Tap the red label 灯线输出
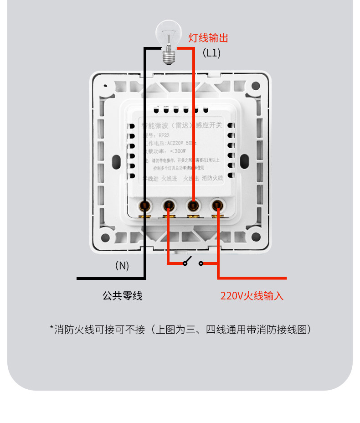coord(208,38)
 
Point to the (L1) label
coord(211,53)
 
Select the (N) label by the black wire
coord(122,266)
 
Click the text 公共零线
coord(122,296)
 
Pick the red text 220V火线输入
coord(252,296)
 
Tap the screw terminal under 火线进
coord(169,206)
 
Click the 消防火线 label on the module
coord(212,178)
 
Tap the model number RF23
coord(164,135)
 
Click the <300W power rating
coord(178,151)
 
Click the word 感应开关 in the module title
coord(208,125)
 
